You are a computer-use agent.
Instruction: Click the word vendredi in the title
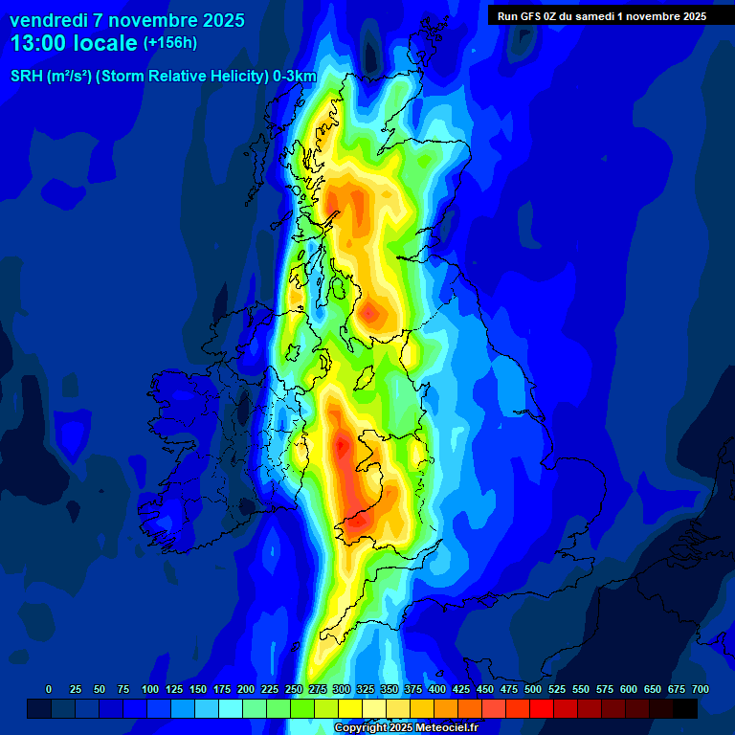pyautogui.click(x=48, y=20)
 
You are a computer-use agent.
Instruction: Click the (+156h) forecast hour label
pyautogui.click(x=169, y=43)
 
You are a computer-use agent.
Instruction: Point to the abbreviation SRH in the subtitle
pyautogui.click(x=26, y=77)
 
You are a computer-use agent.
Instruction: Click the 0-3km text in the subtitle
pyautogui.click(x=295, y=77)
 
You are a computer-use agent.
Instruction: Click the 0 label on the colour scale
pyautogui.click(x=49, y=689)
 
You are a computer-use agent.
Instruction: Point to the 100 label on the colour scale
pyautogui.click(x=149, y=689)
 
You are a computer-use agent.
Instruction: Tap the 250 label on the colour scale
pyautogui.click(x=294, y=689)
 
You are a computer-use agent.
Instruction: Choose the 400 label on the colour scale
pyautogui.click(x=437, y=689)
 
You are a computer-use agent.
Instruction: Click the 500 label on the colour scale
pyautogui.click(x=533, y=689)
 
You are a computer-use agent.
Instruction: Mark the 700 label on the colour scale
pyautogui.click(x=701, y=689)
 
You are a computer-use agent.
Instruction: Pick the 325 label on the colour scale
pyautogui.click(x=366, y=689)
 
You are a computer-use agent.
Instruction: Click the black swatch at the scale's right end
pyautogui.click(x=685, y=708)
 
